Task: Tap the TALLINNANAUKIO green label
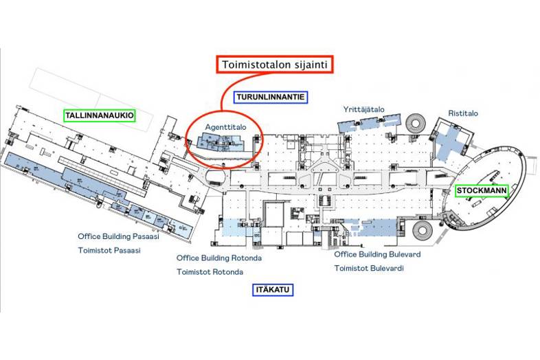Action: pyautogui.click(x=100, y=115)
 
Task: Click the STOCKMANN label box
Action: pyautogui.click(x=481, y=190)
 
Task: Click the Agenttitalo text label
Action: pyautogui.click(x=225, y=127)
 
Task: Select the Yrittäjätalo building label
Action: pyautogui.click(x=363, y=109)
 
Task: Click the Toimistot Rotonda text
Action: pyautogui.click(x=210, y=272)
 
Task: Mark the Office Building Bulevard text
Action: pyautogui.click(x=377, y=254)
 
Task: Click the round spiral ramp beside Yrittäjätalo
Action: pyautogui.click(x=416, y=124)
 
